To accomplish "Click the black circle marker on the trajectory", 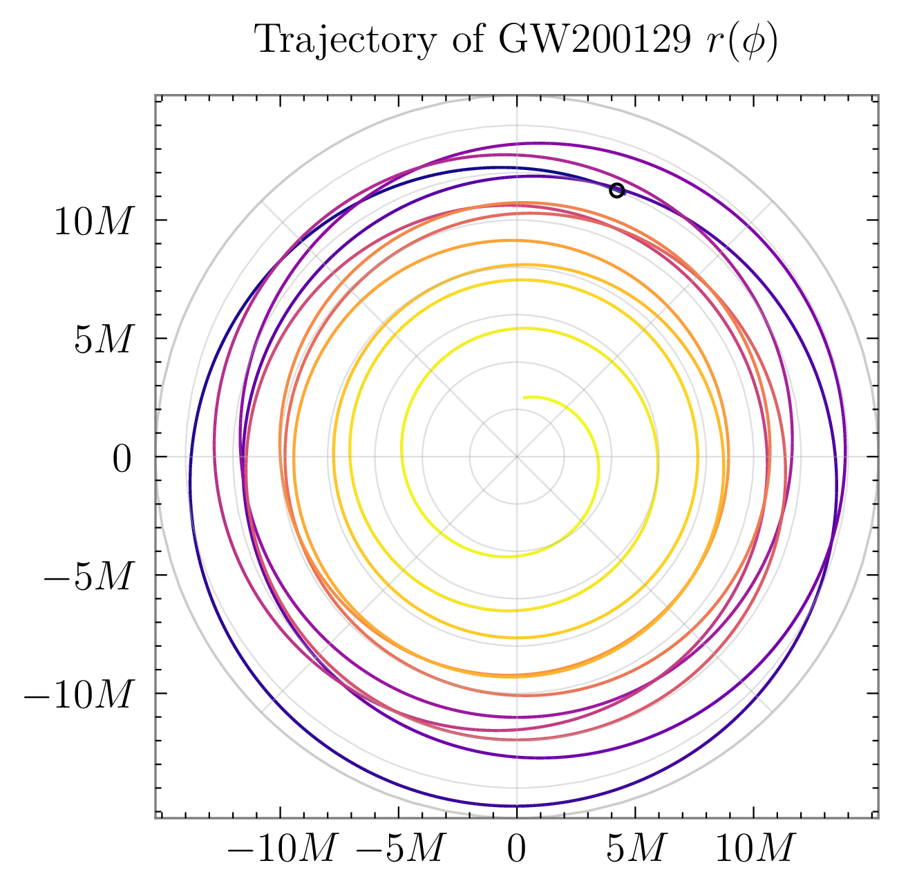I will (617, 190).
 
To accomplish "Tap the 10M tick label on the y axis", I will (92, 223).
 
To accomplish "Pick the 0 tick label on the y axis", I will (121, 460).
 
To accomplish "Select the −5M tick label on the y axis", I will (87, 578).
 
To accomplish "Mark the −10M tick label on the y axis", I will (77, 696).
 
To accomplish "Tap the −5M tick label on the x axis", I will (399, 849).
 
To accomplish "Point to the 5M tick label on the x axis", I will (635, 849).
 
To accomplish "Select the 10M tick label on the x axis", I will (753, 849).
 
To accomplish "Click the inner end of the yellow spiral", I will (524, 397).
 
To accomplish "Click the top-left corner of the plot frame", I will (155, 95).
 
